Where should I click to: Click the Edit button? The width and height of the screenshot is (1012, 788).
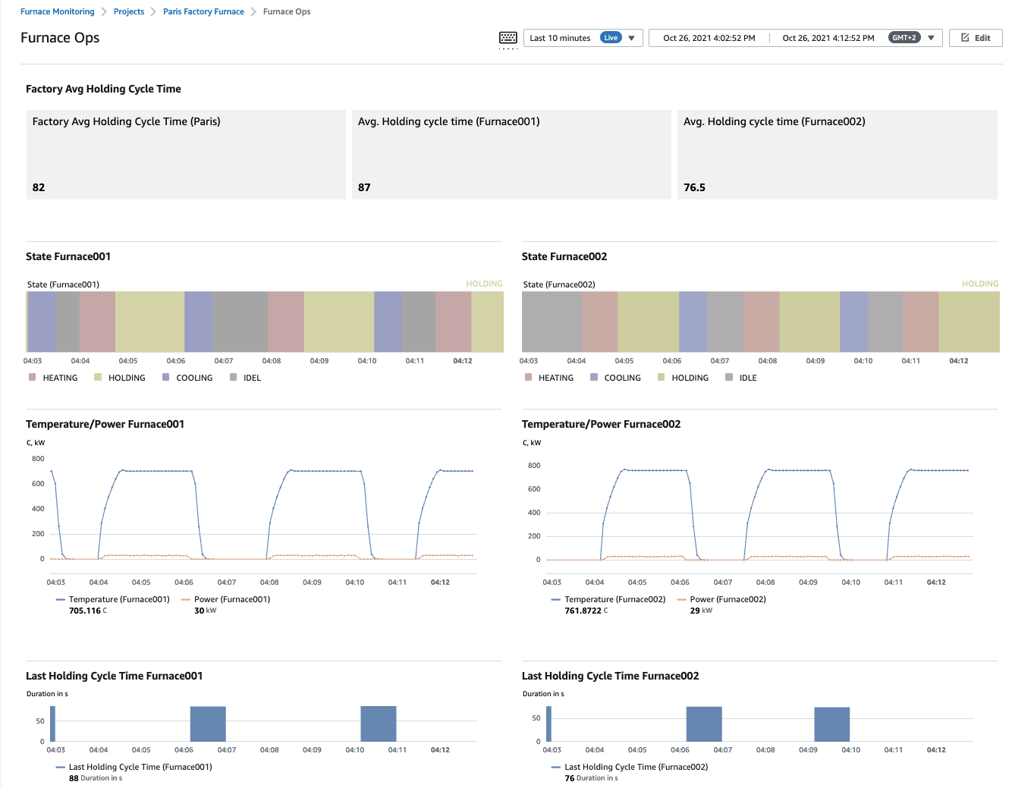click(976, 38)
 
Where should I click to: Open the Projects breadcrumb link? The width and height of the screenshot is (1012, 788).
click(129, 11)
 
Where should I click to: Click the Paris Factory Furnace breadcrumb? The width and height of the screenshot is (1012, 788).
click(203, 11)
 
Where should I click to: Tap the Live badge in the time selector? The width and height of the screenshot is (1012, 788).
click(611, 38)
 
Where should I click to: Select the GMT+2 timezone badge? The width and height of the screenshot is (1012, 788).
click(904, 38)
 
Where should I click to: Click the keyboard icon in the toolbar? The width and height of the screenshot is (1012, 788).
click(508, 38)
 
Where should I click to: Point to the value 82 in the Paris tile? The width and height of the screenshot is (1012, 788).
click(39, 187)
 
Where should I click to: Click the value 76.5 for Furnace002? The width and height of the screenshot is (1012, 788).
click(694, 187)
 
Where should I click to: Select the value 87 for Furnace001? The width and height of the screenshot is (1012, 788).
click(364, 187)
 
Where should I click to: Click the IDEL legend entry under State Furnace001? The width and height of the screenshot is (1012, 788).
click(252, 378)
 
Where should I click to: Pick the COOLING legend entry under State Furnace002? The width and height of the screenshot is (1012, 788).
click(622, 378)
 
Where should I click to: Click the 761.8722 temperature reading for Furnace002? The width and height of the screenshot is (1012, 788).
click(583, 611)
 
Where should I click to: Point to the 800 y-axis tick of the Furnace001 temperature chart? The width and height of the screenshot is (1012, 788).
click(38, 459)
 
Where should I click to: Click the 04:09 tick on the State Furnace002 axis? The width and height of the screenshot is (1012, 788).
click(815, 361)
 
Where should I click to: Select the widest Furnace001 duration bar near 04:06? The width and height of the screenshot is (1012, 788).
click(208, 724)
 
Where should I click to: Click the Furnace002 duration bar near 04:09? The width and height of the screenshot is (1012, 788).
click(831, 724)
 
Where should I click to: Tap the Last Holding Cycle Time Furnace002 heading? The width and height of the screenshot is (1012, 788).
click(610, 676)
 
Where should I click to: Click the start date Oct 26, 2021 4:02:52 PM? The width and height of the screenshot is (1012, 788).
click(709, 38)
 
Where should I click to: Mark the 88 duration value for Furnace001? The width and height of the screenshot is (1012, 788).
click(74, 778)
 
